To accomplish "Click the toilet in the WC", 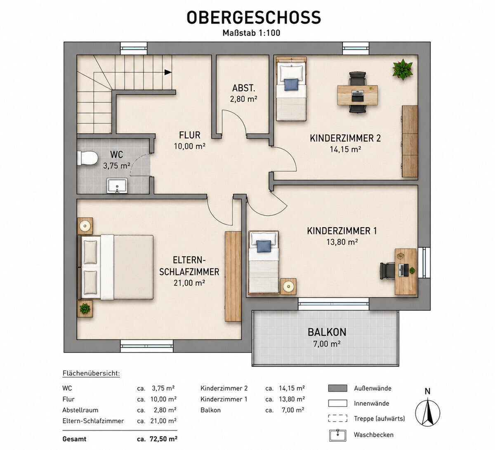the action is [87, 158].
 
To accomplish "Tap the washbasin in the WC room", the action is [117, 186].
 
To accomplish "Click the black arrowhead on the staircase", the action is [168, 72].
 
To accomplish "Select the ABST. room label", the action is [243, 88].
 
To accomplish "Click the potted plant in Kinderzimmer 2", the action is [403, 69].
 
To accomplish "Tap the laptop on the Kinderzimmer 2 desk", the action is [358, 96].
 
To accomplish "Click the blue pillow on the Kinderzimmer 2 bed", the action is [291, 85].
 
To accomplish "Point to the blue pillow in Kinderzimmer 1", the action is [264, 246].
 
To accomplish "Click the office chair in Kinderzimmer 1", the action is [387, 271].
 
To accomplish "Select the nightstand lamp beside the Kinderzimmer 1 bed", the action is [288, 286].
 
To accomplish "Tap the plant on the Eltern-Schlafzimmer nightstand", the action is [85, 309].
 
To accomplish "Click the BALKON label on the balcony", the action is [327, 332].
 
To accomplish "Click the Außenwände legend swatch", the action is [337, 388].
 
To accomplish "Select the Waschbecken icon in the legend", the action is [337, 436].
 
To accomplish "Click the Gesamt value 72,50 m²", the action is [163, 439].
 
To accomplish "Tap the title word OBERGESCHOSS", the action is [254, 17].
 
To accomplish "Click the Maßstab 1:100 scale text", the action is [251, 33].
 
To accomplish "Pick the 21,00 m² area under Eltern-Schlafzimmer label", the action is [189, 283].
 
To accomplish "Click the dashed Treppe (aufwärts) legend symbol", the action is [337, 418].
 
